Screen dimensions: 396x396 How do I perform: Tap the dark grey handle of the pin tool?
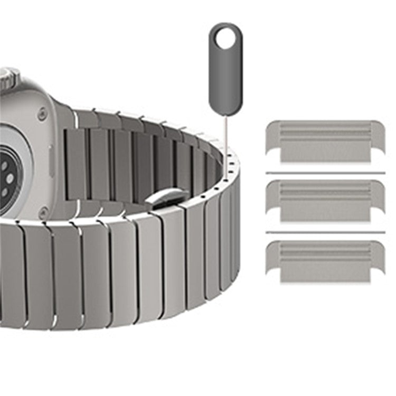point(225,79)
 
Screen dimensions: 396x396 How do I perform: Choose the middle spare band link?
point(325,200)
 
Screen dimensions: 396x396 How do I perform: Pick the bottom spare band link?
point(325,260)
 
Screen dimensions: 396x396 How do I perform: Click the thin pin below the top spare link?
point(325,172)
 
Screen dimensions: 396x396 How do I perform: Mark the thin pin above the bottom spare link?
point(325,232)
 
